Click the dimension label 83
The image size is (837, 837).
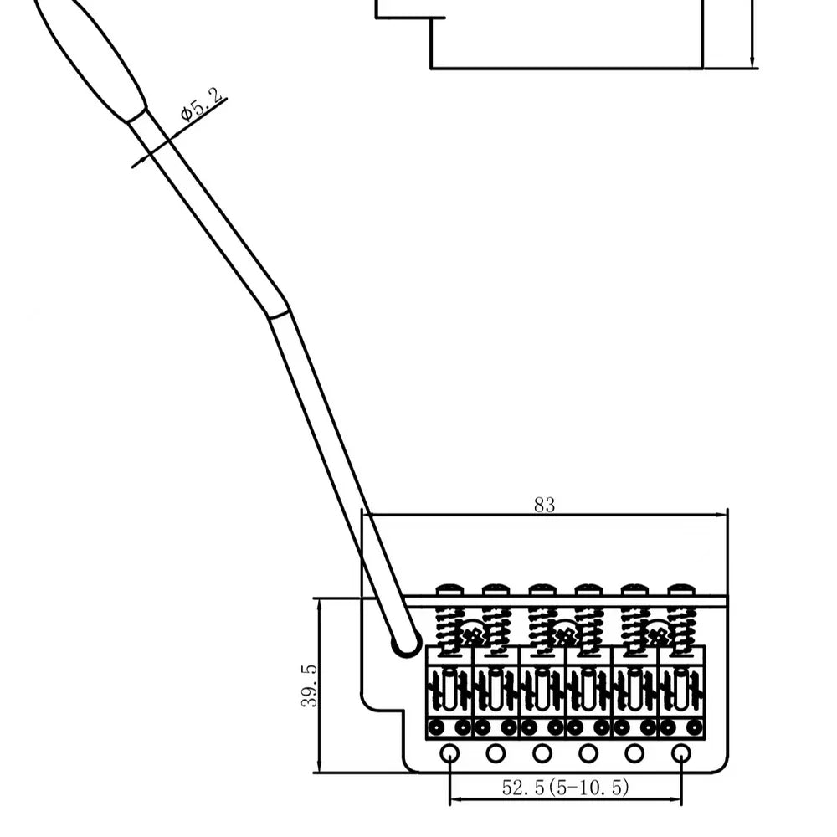pos(545,505)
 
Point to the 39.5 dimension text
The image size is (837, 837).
pos(309,686)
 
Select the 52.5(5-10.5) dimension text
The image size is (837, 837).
pos(565,787)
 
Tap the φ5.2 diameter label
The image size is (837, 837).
pos(201,105)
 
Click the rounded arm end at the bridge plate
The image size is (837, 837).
pos(406,643)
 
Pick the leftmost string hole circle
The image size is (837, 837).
pos(449,753)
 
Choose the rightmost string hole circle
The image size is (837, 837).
pos(680,753)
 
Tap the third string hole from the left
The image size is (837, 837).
pos(542,753)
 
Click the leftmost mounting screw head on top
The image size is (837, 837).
pos(449,589)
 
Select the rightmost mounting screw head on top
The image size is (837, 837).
pos(681,589)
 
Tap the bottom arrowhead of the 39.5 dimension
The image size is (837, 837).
pos(319,766)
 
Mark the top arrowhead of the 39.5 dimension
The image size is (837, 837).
pos(319,605)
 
